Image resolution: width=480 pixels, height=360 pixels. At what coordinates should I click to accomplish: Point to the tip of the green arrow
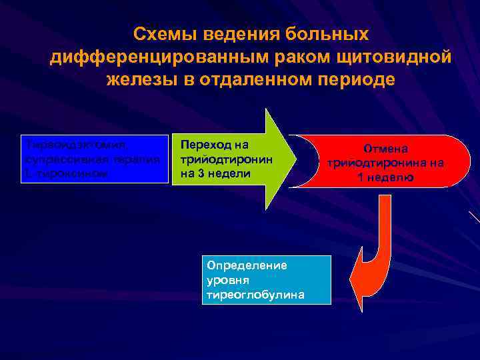[294, 159]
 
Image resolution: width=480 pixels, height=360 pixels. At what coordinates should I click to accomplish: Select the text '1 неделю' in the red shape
[385, 177]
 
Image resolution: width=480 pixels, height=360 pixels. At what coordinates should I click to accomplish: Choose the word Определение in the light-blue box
[247, 265]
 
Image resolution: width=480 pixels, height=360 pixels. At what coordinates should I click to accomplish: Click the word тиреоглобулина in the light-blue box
[255, 294]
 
